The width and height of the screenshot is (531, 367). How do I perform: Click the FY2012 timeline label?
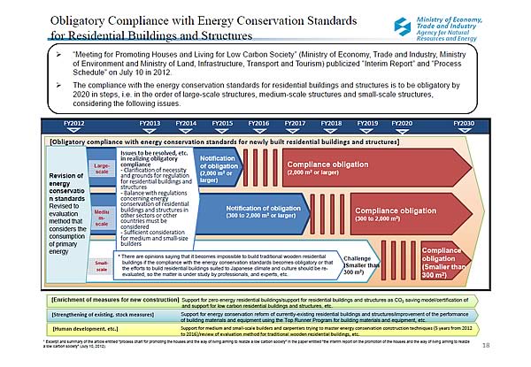pyautogui.click(x=74, y=123)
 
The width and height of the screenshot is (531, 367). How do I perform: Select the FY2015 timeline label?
pyautogui.click(x=222, y=123)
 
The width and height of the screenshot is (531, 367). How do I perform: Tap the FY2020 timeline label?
pyautogui.click(x=401, y=123)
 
